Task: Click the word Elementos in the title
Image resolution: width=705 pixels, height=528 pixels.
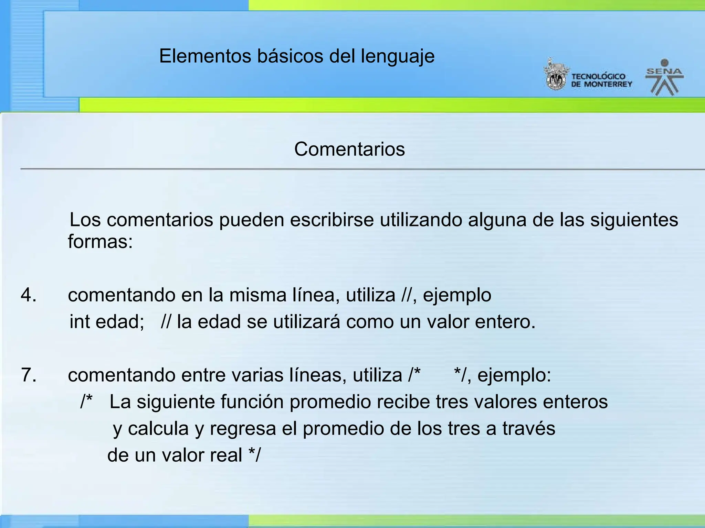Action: click(205, 56)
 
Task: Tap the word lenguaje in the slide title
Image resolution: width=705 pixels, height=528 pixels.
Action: click(398, 57)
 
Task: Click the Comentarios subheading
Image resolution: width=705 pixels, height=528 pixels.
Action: click(349, 149)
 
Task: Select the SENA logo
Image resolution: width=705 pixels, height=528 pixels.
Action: click(664, 77)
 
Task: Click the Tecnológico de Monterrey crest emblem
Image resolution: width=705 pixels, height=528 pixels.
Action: click(555, 75)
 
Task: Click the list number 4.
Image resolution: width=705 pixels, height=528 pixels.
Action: click(28, 295)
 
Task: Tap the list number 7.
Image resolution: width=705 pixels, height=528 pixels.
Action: click(28, 375)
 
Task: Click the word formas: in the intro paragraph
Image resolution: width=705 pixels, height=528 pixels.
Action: click(100, 241)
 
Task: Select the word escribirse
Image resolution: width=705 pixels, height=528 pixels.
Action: click(332, 220)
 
